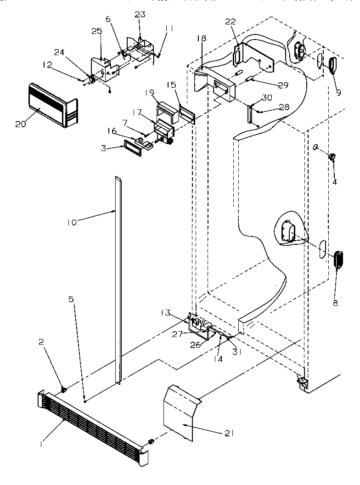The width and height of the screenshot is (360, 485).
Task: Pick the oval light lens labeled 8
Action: pyautogui.click(x=338, y=259)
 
